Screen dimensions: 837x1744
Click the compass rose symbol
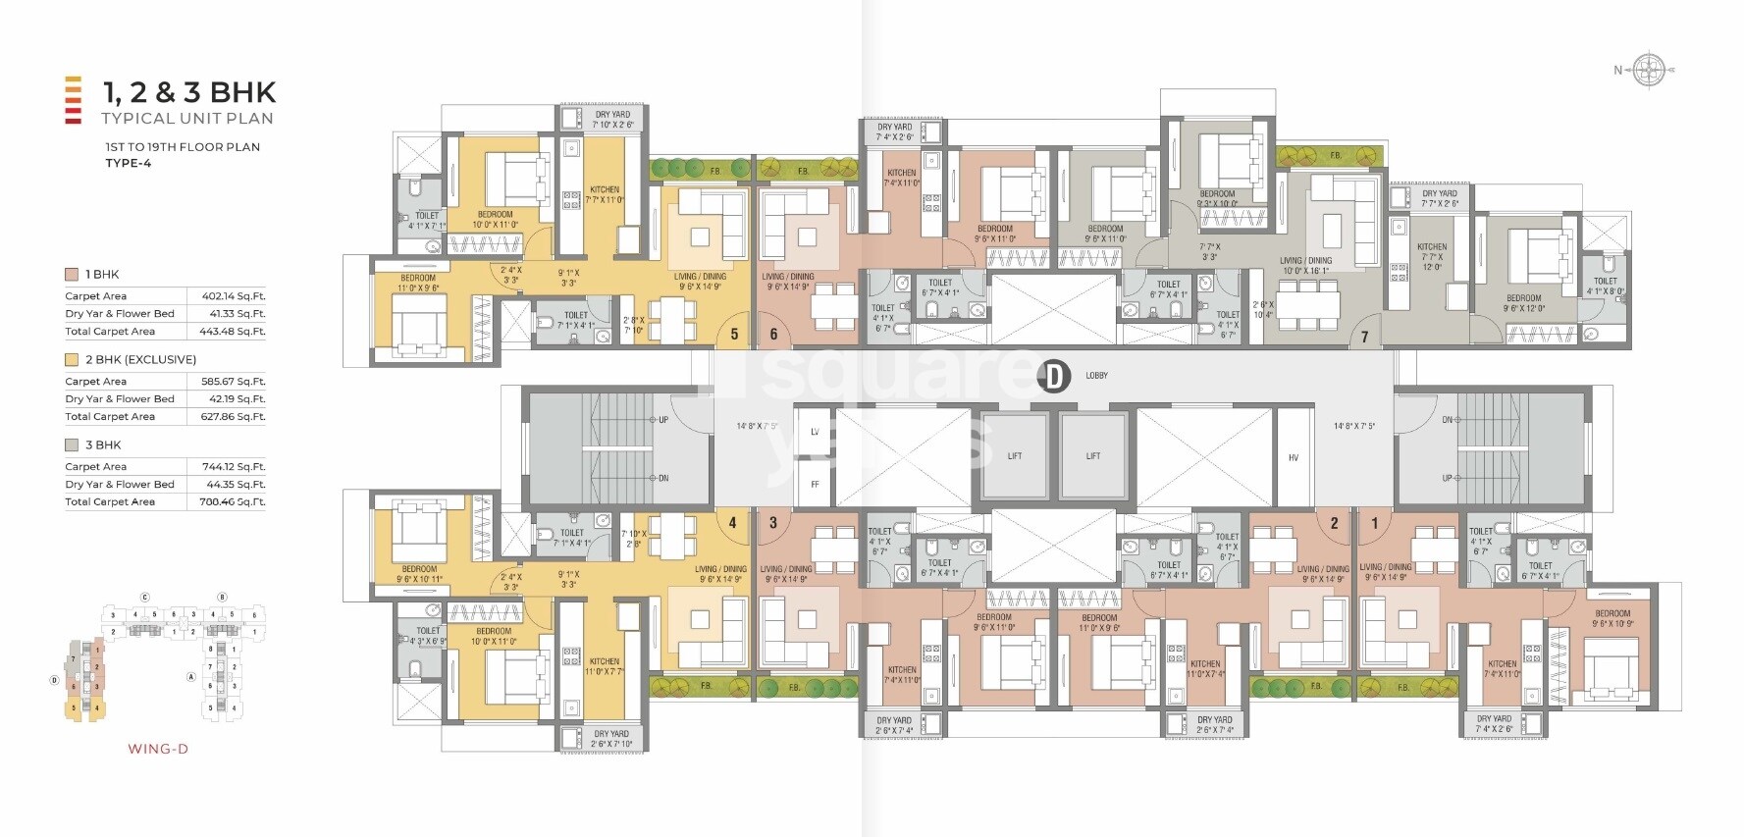click(x=1650, y=70)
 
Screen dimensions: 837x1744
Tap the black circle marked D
click(x=1053, y=376)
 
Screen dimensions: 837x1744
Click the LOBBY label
click(x=1096, y=376)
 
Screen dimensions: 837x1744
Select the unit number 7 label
click(x=1364, y=337)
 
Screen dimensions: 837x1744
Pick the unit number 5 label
click(x=734, y=335)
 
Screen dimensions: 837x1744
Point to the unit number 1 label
click(x=1374, y=523)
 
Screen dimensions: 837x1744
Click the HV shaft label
click(x=1293, y=457)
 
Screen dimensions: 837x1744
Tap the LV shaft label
click(x=815, y=432)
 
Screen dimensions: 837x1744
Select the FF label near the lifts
click(x=815, y=485)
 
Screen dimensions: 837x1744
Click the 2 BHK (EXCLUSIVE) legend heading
click(x=140, y=360)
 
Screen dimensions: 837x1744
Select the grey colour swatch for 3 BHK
click(x=72, y=445)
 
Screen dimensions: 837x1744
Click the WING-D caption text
click(x=158, y=749)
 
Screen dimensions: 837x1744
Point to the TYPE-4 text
click(x=129, y=163)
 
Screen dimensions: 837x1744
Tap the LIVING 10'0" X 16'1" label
click(x=1305, y=266)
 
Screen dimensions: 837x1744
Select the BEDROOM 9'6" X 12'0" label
click(x=1523, y=303)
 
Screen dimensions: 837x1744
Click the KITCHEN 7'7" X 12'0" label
click(x=1432, y=257)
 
